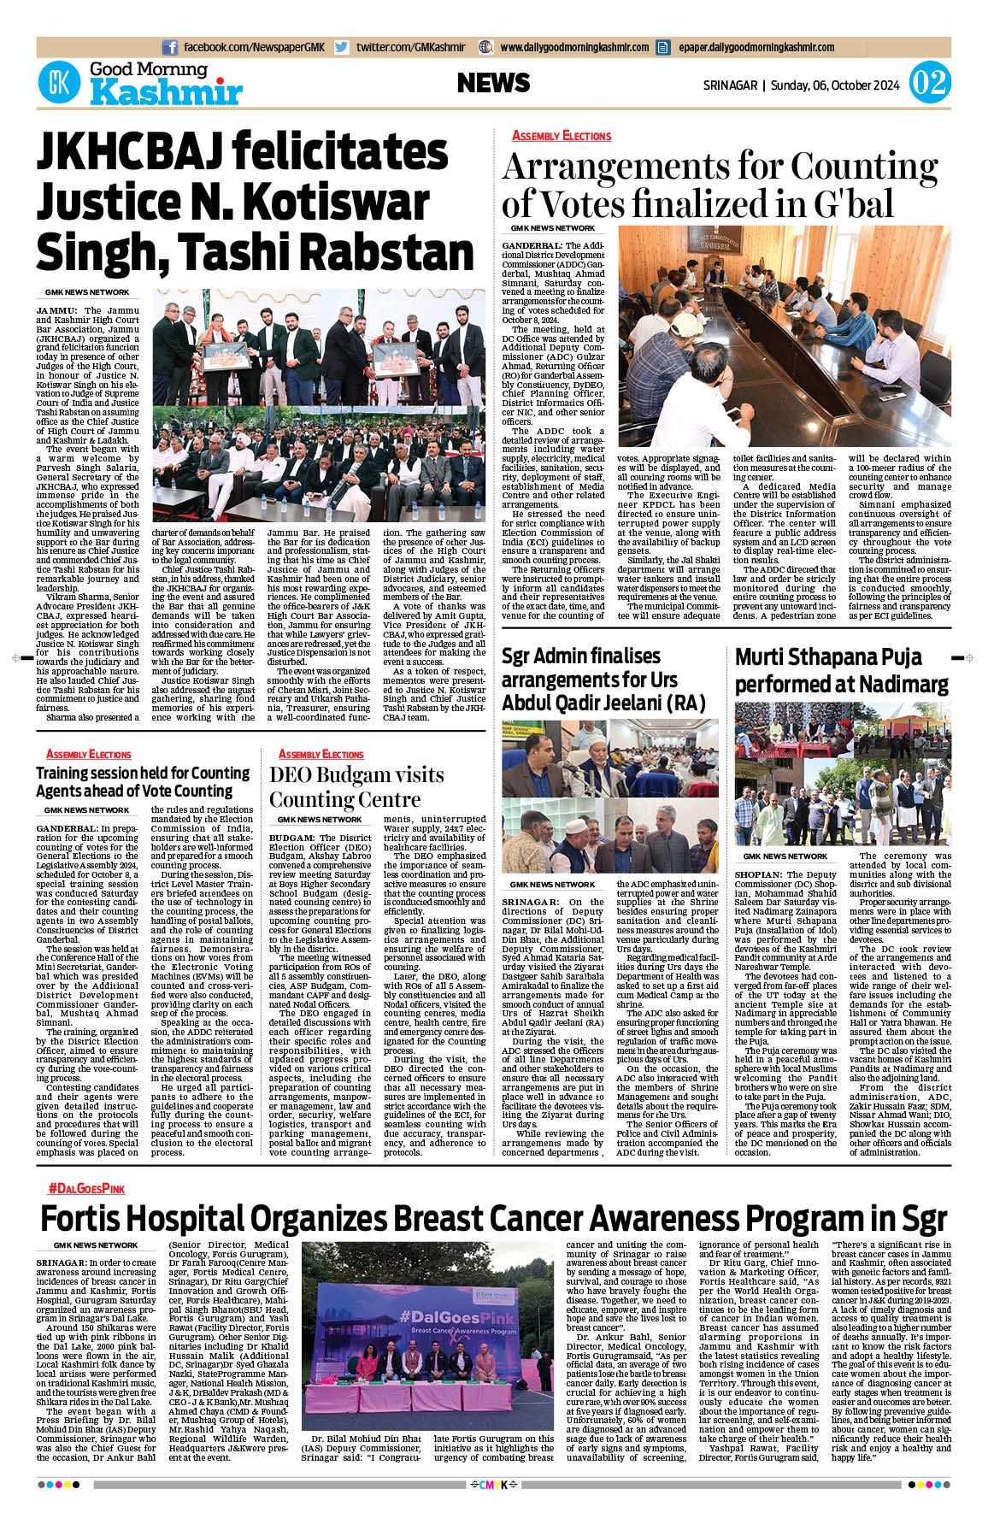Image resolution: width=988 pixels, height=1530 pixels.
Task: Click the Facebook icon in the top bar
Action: click(170, 48)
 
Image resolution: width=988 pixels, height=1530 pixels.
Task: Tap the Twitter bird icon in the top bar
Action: click(342, 48)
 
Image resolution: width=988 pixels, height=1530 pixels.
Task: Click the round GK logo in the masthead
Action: click(59, 83)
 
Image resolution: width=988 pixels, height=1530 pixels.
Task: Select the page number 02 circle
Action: click(929, 83)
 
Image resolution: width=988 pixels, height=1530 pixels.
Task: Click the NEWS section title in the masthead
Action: click(493, 83)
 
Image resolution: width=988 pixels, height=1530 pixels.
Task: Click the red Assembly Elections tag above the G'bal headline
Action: click(562, 135)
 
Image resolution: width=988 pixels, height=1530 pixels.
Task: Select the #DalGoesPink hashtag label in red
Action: click(86, 1188)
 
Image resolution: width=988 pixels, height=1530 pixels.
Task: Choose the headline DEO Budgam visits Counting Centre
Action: click(356, 786)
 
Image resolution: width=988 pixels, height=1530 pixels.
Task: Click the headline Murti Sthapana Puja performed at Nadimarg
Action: click(841, 670)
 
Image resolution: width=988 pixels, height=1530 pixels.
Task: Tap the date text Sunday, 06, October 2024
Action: click(835, 85)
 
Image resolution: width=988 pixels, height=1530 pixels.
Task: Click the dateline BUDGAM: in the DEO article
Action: click(291, 838)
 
